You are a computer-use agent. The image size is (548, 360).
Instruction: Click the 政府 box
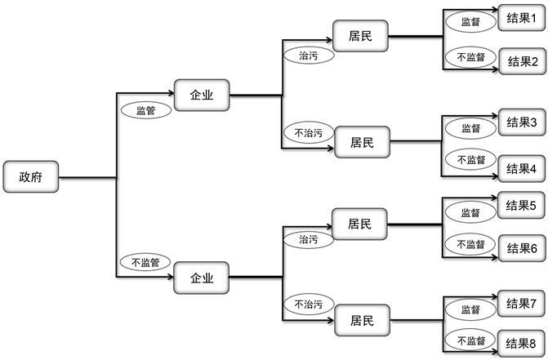30,177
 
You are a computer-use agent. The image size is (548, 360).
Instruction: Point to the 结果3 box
521,122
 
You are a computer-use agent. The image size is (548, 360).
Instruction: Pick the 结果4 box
521,169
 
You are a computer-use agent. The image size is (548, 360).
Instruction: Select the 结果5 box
521,205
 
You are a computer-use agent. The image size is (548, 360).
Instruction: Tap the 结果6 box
521,248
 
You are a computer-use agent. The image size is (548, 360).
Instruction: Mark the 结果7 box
521,304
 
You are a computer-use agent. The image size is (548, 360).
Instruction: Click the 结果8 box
521,342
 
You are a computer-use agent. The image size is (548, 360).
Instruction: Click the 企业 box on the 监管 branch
202,95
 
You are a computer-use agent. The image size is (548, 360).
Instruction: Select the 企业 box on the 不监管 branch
202,278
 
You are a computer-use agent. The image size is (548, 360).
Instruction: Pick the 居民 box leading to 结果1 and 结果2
360,35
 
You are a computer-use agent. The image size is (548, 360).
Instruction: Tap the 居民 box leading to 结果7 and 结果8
360,321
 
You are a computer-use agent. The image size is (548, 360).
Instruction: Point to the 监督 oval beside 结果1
471,22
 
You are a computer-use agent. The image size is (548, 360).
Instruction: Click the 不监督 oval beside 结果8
471,340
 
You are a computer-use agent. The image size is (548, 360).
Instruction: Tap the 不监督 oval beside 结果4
471,160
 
